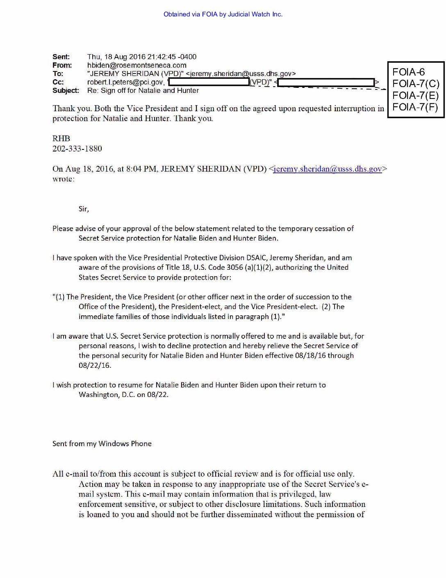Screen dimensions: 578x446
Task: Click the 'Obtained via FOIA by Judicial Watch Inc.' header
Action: [223, 14]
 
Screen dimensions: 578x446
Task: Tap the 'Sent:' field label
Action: [61, 57]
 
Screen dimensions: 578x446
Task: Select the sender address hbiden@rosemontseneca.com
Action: [137, 65]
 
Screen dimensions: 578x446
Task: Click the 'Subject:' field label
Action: [66, 91]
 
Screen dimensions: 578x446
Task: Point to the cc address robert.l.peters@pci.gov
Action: [125, 82]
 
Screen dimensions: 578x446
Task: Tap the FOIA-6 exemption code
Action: [408, 72]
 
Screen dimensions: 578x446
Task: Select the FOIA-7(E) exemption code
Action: [415, 96]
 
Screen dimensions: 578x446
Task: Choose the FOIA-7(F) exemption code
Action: [415, 107]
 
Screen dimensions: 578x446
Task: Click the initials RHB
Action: [61, 139]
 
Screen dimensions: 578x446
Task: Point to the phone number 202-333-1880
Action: [77, 149]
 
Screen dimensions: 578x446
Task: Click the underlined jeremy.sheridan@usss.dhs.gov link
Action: [328, 169]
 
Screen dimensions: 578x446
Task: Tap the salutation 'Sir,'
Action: [84, 209]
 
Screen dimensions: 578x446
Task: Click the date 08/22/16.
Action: [95, 365]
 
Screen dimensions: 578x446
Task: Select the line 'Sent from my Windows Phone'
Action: [102, 444]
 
